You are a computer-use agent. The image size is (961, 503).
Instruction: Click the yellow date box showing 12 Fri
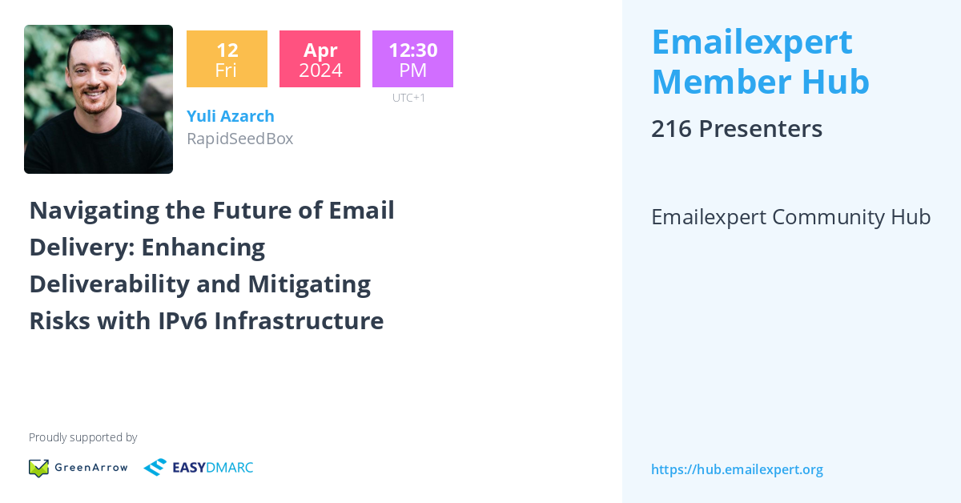[227, 59]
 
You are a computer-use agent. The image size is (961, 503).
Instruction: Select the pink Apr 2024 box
[320, 59]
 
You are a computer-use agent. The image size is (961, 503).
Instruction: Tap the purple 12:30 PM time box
[412, 59]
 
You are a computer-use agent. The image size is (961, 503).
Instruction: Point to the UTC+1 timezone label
[408, 98]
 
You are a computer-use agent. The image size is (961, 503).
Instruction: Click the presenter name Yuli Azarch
[231, 116]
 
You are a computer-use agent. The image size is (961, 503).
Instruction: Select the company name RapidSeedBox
[239, 139]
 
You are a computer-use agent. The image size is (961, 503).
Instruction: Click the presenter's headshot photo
[99, 99]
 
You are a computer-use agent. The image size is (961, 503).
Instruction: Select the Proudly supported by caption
[82, 437]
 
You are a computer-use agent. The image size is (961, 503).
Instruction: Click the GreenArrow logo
[78, 468]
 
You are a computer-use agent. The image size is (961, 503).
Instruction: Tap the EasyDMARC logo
[199, 468]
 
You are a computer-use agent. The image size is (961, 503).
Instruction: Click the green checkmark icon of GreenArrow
[38, 468]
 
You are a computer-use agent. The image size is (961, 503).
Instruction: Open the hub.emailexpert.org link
[737, 469]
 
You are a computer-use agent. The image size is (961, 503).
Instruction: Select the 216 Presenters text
[737, 129]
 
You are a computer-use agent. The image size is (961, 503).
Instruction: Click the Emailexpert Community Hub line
[790, 217]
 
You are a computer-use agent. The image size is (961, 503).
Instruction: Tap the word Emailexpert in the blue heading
[752, 42]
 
